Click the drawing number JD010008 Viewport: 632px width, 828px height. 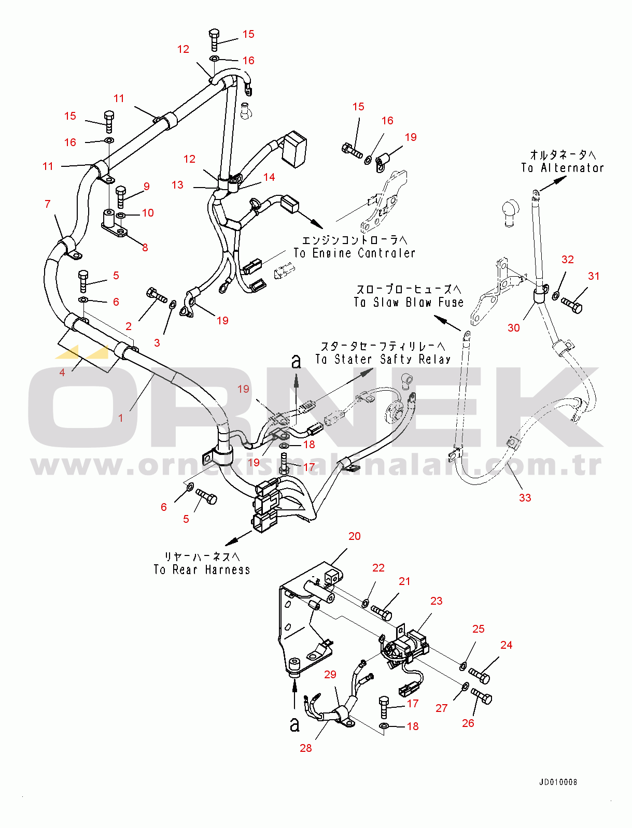(x=558, y=782)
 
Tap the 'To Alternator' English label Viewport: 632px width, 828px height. (x=563, y=168)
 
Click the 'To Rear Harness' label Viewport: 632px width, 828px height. (x=202, y=569)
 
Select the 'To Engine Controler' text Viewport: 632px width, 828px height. (x=355, y=253)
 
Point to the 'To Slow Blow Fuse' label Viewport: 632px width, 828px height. (x=409, y=302)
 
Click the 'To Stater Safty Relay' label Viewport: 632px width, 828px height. (x=383, y=359)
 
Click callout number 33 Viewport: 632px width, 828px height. (x=525, y=497)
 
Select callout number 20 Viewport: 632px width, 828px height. (x=354, y=536)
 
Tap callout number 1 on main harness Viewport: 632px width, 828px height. (x=121, y=418)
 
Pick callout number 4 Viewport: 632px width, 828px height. (x=62, y=372)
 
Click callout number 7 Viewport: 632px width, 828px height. (x=48, y=204)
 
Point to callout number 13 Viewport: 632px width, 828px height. (x=177, y=185)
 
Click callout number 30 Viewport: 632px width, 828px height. (x=513, y=327)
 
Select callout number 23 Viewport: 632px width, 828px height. (x=436, y=601)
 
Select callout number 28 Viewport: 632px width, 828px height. (x=306, y=748)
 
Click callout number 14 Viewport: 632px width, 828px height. (x=269, y=177)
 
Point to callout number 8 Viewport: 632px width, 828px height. (x=145, y=248)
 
